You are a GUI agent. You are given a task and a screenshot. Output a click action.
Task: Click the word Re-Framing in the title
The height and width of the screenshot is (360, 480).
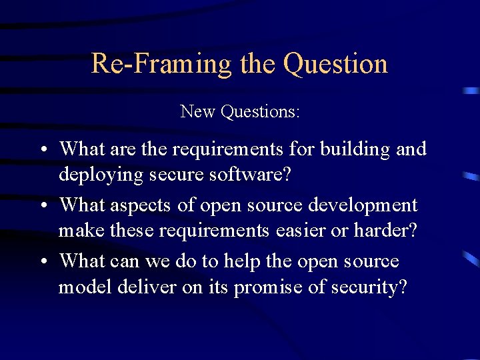coord(161,64)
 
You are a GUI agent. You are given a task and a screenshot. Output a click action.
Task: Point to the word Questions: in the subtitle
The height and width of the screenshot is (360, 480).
coord(261,111)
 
